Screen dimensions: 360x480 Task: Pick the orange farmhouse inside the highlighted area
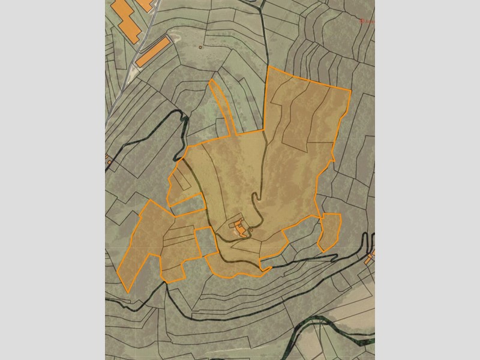241,228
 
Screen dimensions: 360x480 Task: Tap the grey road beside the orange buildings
144,42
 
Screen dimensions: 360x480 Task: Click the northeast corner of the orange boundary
350,91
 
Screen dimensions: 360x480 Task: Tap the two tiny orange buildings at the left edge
109,160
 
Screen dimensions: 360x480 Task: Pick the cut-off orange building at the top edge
145,3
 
